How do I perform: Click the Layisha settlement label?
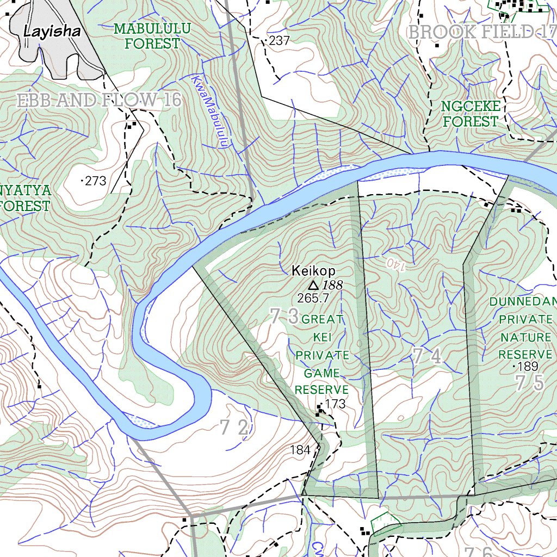tap(52, 32)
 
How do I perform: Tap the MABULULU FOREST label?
tap(152, 36)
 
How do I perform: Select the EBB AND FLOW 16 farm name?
tap(99, 101)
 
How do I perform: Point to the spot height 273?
tap(96, 181)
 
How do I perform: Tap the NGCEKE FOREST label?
tap(471, 114)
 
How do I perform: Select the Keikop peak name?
tap(314, 270)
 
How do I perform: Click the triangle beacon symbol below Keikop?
tap(313, 285)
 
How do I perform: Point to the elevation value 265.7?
tap(313, 298)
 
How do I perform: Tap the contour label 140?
tap(397, 265)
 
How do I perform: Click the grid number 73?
tap(284, 316)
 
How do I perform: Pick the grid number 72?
tap(235, 429)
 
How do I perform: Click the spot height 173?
tap(336, 404)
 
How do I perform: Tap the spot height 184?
tap(300, 450)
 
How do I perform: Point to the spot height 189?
tap(528, 366)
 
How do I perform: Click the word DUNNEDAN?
tap(522, 302)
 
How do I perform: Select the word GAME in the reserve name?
tap(321, 374)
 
